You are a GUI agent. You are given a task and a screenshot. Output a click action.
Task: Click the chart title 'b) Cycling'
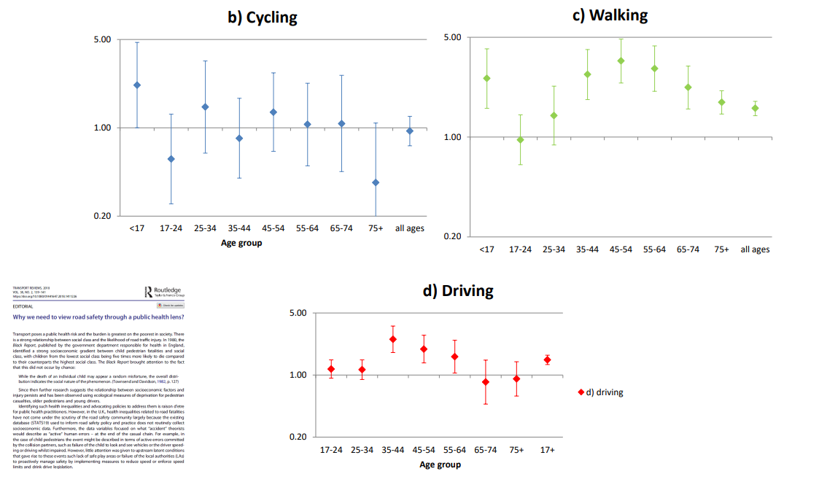coord(263,17)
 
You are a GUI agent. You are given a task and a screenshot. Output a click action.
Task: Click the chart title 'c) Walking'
coord(610,15)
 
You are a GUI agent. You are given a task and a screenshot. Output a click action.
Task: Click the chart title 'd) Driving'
coord(458,290)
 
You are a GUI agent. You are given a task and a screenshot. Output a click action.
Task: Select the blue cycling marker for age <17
coord(136,85)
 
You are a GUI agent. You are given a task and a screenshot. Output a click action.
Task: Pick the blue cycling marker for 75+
coord(376,182)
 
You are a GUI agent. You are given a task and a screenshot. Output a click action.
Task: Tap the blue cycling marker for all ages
coord(410,131)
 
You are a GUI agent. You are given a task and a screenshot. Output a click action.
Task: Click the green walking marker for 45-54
coord(621,61)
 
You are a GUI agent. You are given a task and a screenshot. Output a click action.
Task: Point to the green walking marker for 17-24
coord(520,139)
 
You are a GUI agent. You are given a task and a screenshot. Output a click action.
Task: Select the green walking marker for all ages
coord(755,108)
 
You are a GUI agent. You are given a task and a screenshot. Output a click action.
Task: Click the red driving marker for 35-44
coord(393,339)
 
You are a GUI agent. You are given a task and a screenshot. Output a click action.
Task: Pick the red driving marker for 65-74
coord(486,382)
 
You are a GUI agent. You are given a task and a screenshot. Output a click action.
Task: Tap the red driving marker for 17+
coord(547,359)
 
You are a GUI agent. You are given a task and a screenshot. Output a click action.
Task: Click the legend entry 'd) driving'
coord(600,392)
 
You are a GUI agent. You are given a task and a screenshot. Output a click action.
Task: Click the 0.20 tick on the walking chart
coord(452,236)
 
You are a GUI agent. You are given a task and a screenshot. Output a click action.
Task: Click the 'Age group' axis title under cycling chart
coord(241,243)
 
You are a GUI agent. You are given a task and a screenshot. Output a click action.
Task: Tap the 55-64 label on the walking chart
coord(654,249)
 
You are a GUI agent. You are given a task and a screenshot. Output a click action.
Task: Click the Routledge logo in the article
coord(164,292)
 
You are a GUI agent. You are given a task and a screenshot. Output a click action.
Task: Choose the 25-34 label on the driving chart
coord(362,450)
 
